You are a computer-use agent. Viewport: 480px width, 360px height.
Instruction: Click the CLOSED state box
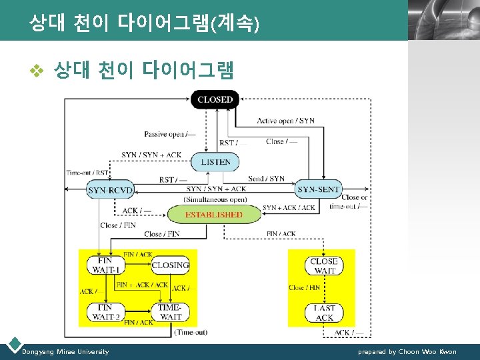pos(215,99)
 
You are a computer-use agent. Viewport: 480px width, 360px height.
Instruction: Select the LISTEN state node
pos(215,161)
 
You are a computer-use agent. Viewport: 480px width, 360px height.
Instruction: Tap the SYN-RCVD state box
pos(110,190)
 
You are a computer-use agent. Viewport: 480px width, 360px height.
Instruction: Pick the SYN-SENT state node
pos(318,189)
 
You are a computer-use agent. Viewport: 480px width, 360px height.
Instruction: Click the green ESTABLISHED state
pos(213,214)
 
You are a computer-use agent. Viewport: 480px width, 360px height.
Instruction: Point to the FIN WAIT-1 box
pos(105,265)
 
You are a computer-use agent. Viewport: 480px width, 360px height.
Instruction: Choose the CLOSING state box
pos(171,265)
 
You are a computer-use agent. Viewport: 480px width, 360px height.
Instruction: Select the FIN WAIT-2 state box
pos(105,311)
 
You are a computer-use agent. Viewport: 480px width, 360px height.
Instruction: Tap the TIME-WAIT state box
pos(171,311)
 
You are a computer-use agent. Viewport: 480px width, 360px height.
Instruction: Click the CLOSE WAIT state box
pos(324,265)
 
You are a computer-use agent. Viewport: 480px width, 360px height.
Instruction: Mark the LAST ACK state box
pos(324,312)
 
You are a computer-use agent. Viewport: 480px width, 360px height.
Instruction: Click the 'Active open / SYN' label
pos(286,121)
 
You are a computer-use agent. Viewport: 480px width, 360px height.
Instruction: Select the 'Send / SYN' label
pos(266,179)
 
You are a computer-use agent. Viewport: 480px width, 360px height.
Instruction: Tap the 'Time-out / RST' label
pos(87,173)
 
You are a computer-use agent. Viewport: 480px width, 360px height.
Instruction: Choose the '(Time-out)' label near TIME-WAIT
pos(191,331)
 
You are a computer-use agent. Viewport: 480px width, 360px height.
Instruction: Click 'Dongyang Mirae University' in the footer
pos(65,351)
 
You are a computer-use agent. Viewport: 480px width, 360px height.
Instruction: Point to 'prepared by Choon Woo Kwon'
pos(407,351)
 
